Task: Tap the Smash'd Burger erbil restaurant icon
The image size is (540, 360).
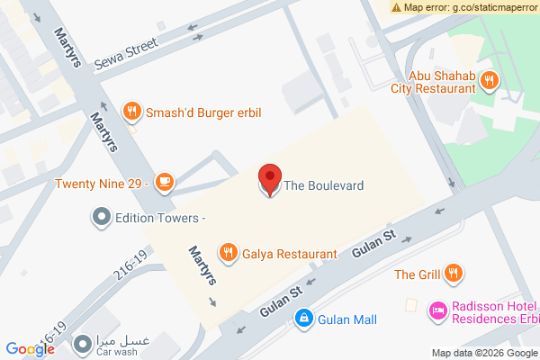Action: click(x=132, y=111)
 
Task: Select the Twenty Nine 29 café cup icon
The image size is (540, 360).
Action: click(x=163, y=183)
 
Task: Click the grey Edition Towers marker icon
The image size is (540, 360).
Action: click(x=101, y=218)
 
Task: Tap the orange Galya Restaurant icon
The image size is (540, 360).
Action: click(x=229, y=254)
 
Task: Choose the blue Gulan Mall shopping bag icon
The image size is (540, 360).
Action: click(x=305, y=319)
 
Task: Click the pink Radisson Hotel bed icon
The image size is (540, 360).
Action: click(x=438, y=310)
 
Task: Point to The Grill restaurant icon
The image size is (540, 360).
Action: click(x=454, y=274)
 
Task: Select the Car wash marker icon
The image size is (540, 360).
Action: click(x=83, y=342)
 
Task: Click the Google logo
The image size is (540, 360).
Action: click(x=30, y=349)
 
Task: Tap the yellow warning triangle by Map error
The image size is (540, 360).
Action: click(x=397, y=7)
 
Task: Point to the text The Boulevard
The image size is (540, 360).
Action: click(x=323, y=186)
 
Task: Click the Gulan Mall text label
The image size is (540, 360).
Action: click(x=346, y=319)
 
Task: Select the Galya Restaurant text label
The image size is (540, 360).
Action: click(x=290, y=255)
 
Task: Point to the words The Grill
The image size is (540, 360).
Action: click(x=417, y=274)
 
